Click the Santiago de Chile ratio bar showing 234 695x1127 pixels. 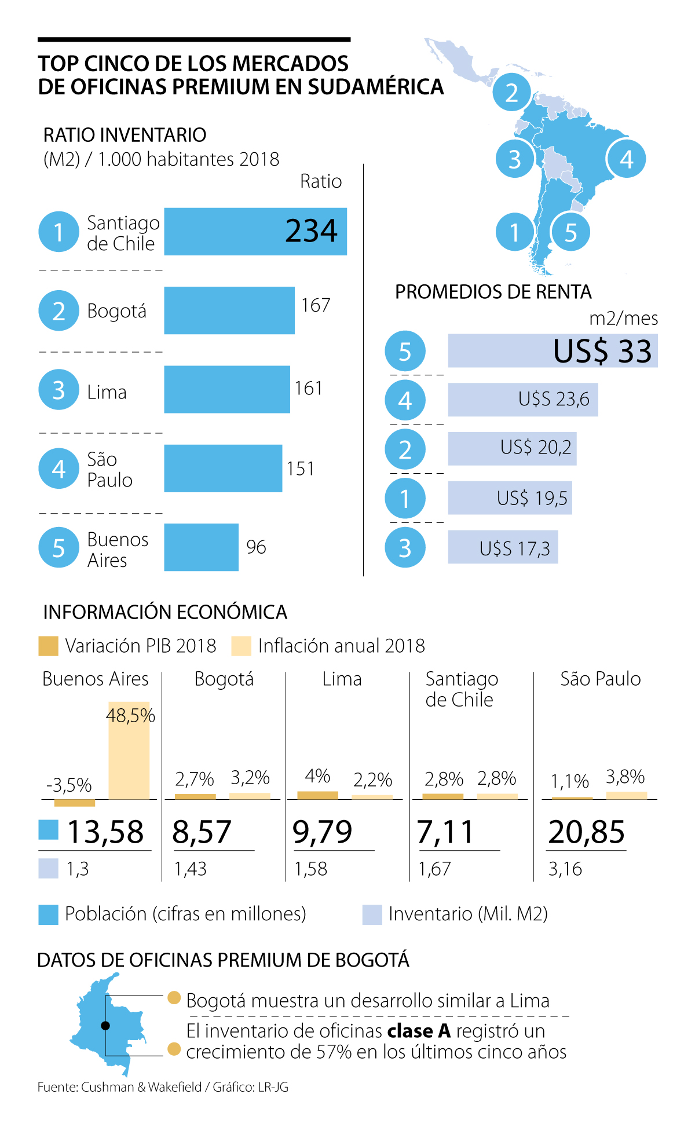[x=255, y=232]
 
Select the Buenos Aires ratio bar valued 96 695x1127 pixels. [x=201, y=547]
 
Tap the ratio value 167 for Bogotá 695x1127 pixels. [x=316, y=305]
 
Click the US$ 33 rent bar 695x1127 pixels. [x=552, y=350]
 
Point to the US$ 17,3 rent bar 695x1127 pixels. [x=502, y=547]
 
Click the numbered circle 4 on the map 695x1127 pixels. [x=626, y=159]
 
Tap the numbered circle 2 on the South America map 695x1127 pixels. [x=511, y=93]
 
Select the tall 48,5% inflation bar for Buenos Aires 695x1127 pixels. [x=129, y=751]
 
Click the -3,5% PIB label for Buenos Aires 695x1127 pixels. [x=69, y=785]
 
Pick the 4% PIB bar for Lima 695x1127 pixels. [x=317, y=795]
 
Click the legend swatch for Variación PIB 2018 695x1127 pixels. [x=48, y=646]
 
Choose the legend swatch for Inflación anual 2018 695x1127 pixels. [x=241, y=646]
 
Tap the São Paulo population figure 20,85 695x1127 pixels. [x=586, y=832]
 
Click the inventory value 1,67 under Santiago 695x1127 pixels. [x=434, y=869]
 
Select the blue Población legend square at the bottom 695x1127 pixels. [x=48, y=914]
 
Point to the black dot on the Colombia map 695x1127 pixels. [x=105, y=1026]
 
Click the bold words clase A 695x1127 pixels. [x=419, y=1031]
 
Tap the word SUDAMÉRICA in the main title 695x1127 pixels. [x=376, y=87]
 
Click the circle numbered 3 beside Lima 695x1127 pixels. [x=58, y=390]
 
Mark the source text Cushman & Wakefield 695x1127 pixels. [x=141, y=1087]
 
